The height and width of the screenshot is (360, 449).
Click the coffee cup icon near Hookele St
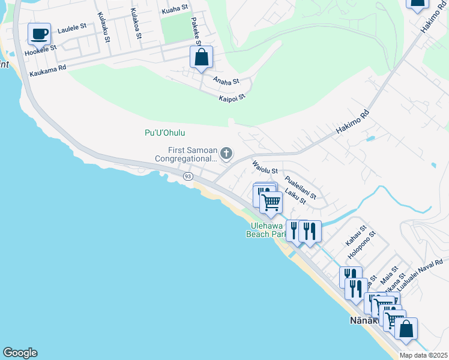pos(40,34)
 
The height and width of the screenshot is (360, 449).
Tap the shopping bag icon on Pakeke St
pos(202,58)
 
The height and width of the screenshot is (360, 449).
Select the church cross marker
pos(226,154)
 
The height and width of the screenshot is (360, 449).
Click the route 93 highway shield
pos(188,176)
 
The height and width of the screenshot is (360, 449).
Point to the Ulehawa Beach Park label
pos(267,230)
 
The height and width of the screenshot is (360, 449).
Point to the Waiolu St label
pos(265,167)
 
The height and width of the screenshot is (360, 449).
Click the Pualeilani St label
pos(300,188)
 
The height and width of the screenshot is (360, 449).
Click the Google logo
pos(20,353)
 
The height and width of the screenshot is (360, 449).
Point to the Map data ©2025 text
pos(423,355)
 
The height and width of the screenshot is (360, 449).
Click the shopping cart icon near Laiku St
pos(271,202)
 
